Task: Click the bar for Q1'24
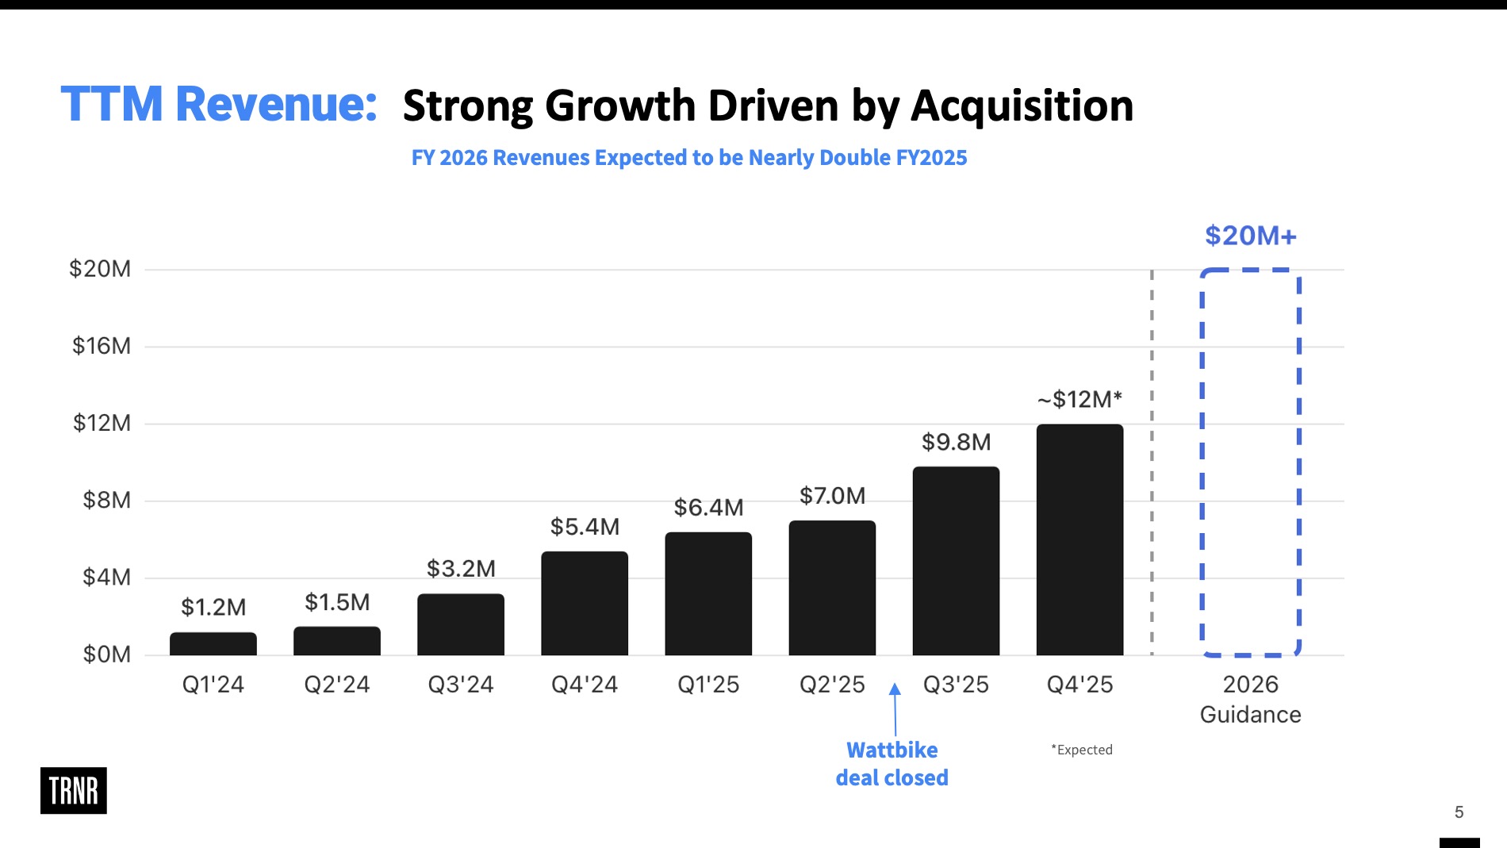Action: coord(213,643)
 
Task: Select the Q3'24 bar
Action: coord(460,624)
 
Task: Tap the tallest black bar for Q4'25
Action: coord(1079,539)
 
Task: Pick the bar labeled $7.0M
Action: coord(832,588)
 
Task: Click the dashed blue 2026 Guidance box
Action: coord(1250,462)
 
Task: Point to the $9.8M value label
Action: coord(956,442)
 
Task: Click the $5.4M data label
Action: coord(585,527)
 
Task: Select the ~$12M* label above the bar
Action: coord(1079,399)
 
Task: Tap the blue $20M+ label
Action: coord(1250,236)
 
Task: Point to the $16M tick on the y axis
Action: coord(102,346)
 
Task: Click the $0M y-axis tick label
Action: coord(106,654)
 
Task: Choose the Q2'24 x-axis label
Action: coord(337,685)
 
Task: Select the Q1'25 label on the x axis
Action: coord(708,685)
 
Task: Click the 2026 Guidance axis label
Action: coord(1250,699)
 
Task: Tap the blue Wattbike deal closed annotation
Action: coord(892,764)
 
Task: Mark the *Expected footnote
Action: coord(1082,750)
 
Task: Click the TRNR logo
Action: coord(74,790)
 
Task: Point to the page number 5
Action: coord(1459,812)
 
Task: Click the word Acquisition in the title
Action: coord(1022,106)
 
